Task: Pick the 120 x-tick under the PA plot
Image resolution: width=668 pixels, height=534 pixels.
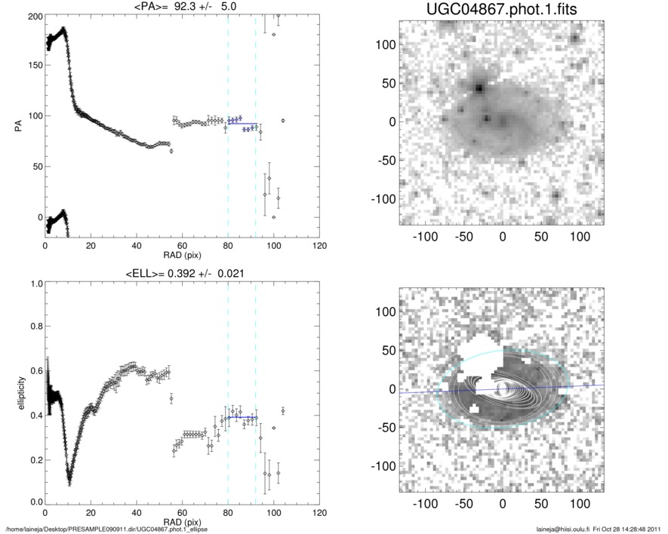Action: (x=319, y=246)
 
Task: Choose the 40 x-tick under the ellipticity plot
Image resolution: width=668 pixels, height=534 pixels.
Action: (x=137, y=513)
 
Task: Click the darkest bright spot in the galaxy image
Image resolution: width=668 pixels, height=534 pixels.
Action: (x=479, y=87)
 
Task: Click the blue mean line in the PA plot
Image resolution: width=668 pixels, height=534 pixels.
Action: (x=242, y=123)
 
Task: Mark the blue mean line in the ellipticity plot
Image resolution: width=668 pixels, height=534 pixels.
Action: (x=242, y=417)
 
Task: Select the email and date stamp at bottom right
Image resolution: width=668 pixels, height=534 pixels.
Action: (x=601, y=529)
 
